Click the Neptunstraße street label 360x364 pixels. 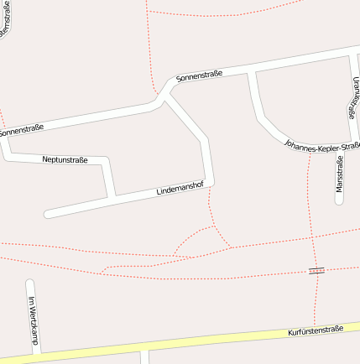click(x=65, y=159)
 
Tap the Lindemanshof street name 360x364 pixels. click(x=180, y=190)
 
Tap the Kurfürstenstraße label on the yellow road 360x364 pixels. click(x=316, y=330)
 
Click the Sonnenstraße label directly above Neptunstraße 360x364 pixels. click(x=22, y=130)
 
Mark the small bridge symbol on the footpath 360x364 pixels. click(x=316, y=270)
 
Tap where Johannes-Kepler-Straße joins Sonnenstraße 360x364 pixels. click(x=252, y=73)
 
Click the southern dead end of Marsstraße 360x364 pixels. click(x=339, y=201)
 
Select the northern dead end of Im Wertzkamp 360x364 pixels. click(x=30, y=283)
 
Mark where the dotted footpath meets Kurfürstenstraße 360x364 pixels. click(x=315, y=326)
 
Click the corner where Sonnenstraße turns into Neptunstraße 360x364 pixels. click(x=7, y=154)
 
